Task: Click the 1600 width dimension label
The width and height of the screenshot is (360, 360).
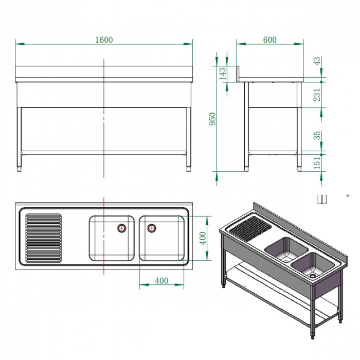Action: pyautogui.click(x=104, y=40)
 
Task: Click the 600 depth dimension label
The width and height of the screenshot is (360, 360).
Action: pyautogui.click(x=269, y=40)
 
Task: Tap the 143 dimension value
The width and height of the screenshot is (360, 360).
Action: pyautogui.click(x=223, y=73)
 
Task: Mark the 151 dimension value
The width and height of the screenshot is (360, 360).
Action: pyautogui.click(x=317, y=163)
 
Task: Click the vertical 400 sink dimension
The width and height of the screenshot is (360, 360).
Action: pyautogui.click(x=203, y=238)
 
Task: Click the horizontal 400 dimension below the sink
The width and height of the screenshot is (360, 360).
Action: pyautogui.click(x=161, y=280)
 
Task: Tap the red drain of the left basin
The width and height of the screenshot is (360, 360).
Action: pyautogui.click(x=122, y=228)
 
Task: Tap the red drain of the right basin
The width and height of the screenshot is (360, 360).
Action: pyautogui.click(x=151, y=228)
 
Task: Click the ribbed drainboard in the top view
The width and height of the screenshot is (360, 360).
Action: pyautogui.click(x=43, y=238)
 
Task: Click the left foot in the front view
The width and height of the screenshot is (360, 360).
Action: pyautogui.click(x=20, y=168)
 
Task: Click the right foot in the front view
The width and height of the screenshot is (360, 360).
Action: pyautogui.click(x=188, y=168)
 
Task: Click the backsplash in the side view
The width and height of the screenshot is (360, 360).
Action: pyautogui.click(x=238, y=74)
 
